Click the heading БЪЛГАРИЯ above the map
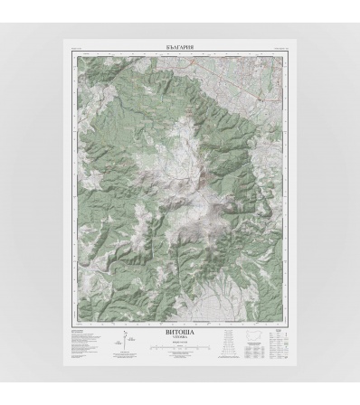tap(181, 44)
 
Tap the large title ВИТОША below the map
tap(181, 333)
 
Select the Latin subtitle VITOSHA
tap(181, 339)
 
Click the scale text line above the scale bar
tap(181, 344)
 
